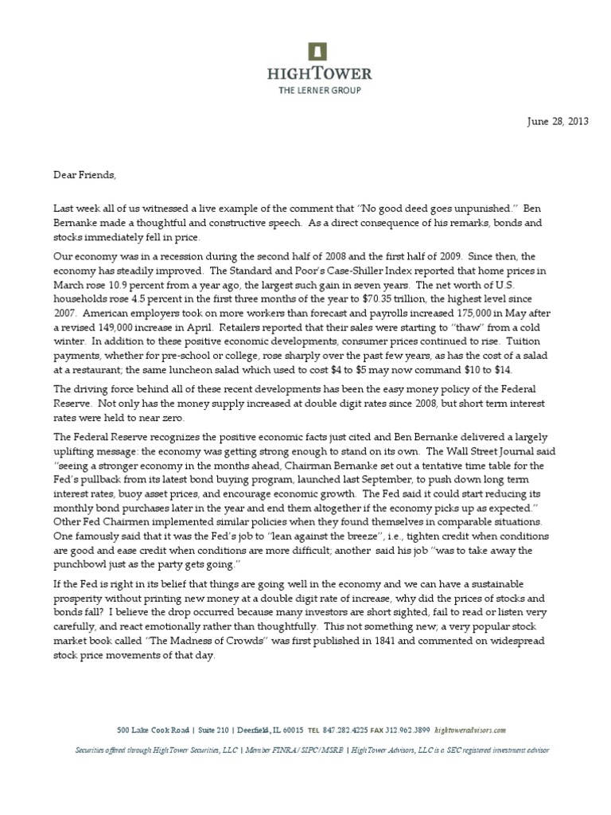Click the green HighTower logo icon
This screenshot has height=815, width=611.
pos(318,51)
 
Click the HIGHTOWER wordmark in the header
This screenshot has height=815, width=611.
pos(318,74)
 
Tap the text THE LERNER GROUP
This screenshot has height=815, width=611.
pos(318,91)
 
